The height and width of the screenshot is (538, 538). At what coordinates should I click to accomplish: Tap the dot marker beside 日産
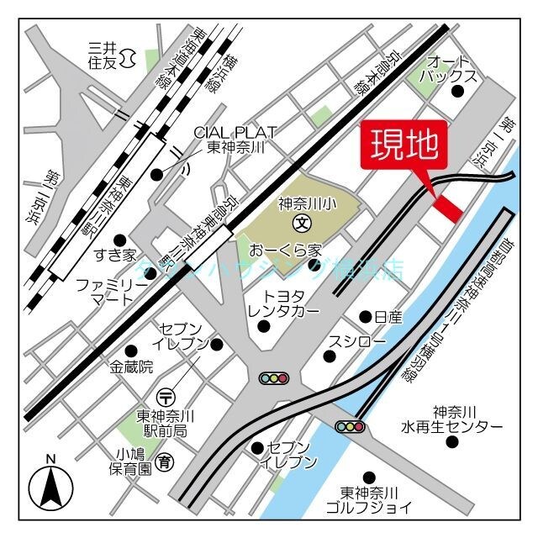point(366,317)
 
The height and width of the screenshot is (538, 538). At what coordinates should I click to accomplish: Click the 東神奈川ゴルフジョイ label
point(376,499)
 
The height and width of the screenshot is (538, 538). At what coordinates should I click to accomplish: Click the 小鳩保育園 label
point(133,462)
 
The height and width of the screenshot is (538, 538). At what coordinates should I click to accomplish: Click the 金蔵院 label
point(130,367)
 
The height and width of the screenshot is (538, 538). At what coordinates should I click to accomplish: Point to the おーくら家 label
point(286,251)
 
